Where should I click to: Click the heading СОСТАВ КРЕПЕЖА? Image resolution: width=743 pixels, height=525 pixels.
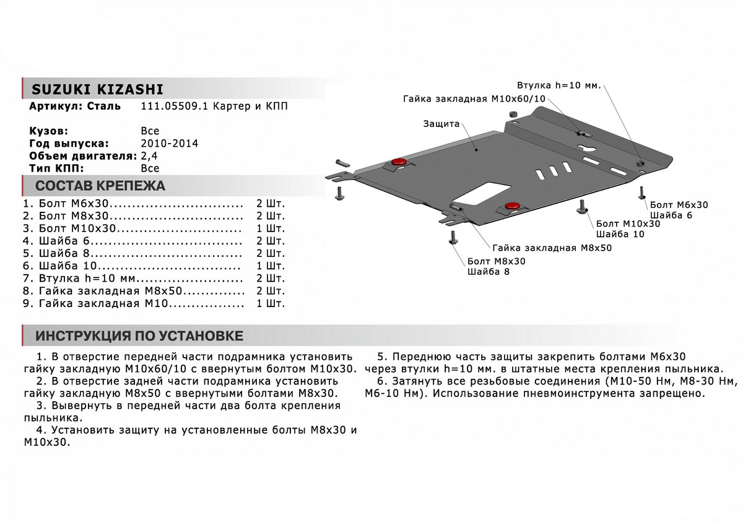(100, 186)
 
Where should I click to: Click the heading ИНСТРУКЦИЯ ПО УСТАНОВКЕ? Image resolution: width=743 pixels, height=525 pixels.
(139, 336)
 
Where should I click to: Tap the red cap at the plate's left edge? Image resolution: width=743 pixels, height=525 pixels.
(398, 162)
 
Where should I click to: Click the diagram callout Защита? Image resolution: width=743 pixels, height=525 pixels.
(441, 124)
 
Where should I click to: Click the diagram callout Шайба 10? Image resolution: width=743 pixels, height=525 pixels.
(620, 234)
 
